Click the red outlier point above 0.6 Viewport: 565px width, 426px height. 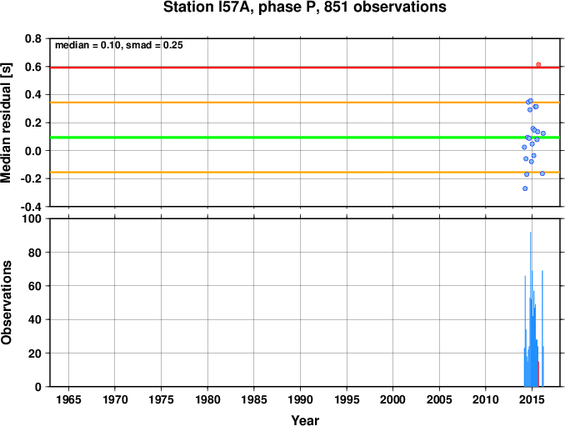(x=538, y=64)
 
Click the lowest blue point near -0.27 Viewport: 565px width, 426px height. (x=525, y=188)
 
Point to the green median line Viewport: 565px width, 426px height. (x=305, y=138)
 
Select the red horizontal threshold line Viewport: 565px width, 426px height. (x=305, y=68)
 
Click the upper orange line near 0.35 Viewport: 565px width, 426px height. (x=305, y=103)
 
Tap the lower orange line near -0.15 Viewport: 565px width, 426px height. (x=305, y=173)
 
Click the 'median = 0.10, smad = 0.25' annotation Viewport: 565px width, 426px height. (x=119, y=45)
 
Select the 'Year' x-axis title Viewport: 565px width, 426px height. (x=305, y=420)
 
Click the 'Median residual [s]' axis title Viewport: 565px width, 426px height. (x=6, y=123)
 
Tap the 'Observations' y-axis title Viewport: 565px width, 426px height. (x=6, y=303)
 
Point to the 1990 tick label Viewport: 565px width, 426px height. (x=300, y=399)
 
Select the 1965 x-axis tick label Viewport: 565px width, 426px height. (x=68, y=399)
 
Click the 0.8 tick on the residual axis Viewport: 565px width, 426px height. (x=33, y=38)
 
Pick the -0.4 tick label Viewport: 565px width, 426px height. (x=31, y=207)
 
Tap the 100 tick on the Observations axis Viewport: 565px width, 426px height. (x=32, y=218)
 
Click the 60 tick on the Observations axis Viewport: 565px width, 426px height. (x=35, y=286)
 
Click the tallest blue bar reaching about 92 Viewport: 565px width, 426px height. (x=530, y=309)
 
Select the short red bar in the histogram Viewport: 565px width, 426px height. (x=538, y=374)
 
